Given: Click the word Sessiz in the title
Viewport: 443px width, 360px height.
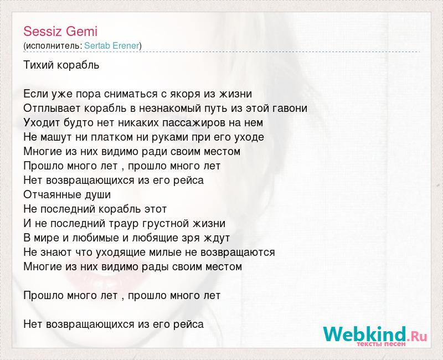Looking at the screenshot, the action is (x=42, y=31).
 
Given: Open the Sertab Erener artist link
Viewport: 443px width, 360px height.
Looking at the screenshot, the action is (x=112, y=45).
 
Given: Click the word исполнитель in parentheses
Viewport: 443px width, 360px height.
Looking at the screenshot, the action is (x=53, y=46).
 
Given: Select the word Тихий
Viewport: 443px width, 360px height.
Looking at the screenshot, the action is (x=38, y=65).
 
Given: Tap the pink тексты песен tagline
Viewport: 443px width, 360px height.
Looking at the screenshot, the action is (x=381, y=344).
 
